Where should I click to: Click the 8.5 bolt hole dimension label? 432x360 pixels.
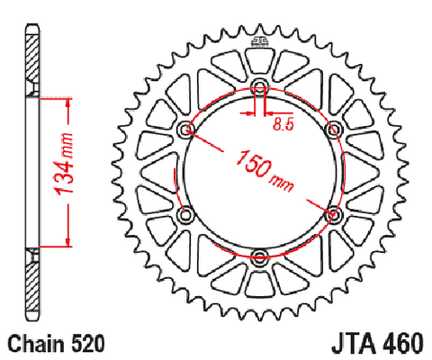[x=283, y=124]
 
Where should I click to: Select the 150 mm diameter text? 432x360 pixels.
[x=265, y=171]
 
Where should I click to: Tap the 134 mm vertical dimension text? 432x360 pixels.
[x=64, y=164]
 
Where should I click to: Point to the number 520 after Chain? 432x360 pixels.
[x=88, y=344]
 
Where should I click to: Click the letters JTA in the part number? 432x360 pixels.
[x=354, y=344]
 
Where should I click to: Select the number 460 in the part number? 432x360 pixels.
[x=402, y=344]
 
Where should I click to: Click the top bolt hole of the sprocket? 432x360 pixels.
[x=260, y=85]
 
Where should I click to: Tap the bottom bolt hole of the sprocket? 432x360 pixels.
[x=260, y=256]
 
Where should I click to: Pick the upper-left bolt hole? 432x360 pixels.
[x=186, y=129]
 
